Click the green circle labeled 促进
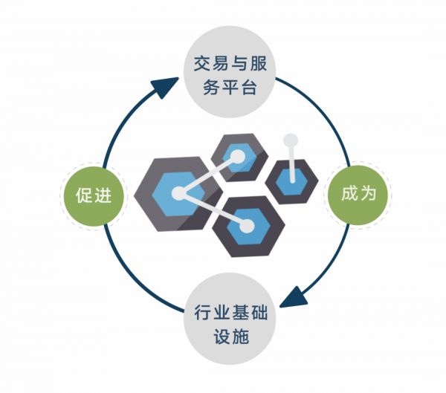pyautogui.click(x=94, y=195)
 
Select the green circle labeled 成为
pyautogui.click(x=358, y=195)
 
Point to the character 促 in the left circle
pyautogui.click(x=83, y=195)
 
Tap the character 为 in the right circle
pyautogui.click(x=369, y=195)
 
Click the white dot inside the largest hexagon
pyautogui.click(x=178, y=194)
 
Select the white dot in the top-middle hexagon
pyautogui.click(x=237, y=157)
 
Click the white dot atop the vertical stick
pyautogui.click(x=291, y=139)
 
